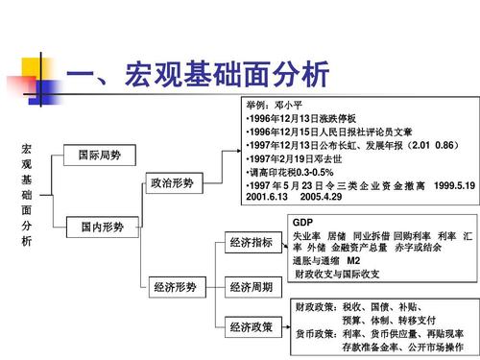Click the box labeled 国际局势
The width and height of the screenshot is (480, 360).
(x=100, y=155)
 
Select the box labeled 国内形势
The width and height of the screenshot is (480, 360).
(x=100, y=228)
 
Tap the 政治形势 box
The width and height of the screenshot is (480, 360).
(x=173, y=182)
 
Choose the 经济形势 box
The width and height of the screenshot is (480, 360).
(x=173, y=286)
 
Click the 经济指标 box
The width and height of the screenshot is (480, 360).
(x=251, y=244)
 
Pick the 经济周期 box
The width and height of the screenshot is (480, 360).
(x=251, y=286)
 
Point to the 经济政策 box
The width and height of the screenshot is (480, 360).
(x=251, y=328)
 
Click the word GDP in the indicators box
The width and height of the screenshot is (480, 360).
(x=302, y=223)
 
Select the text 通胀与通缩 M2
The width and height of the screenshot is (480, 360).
(x=326, y=260)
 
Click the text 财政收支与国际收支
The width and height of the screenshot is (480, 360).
(x=336, y=274)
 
